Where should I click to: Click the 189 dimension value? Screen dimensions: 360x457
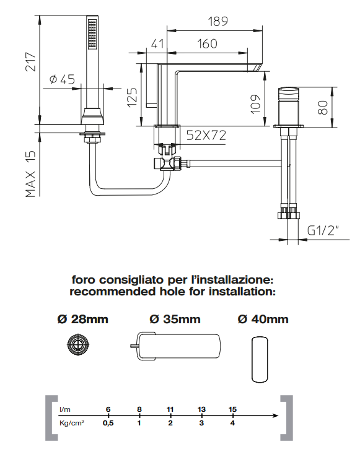217,21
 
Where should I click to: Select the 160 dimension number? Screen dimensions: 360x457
207,44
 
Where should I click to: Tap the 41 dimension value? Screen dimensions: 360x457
157,44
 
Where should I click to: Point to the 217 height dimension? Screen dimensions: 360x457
30,62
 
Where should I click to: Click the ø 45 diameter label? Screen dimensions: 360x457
62,79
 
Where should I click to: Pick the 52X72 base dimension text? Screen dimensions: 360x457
206,135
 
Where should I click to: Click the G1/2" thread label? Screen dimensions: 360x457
323,230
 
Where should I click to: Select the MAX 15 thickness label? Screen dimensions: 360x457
30,174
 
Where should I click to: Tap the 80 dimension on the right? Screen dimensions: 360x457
323,107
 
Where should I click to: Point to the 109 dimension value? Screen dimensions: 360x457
255,104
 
